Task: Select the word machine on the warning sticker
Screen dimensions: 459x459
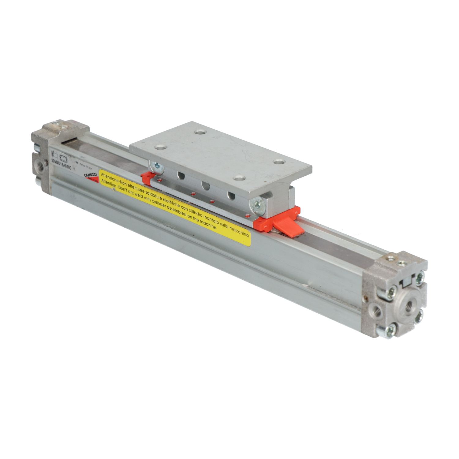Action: click(208, 224)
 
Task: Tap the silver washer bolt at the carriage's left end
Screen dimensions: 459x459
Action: click(157, 167)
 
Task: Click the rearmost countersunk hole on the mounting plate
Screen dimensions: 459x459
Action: click(201, 133)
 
